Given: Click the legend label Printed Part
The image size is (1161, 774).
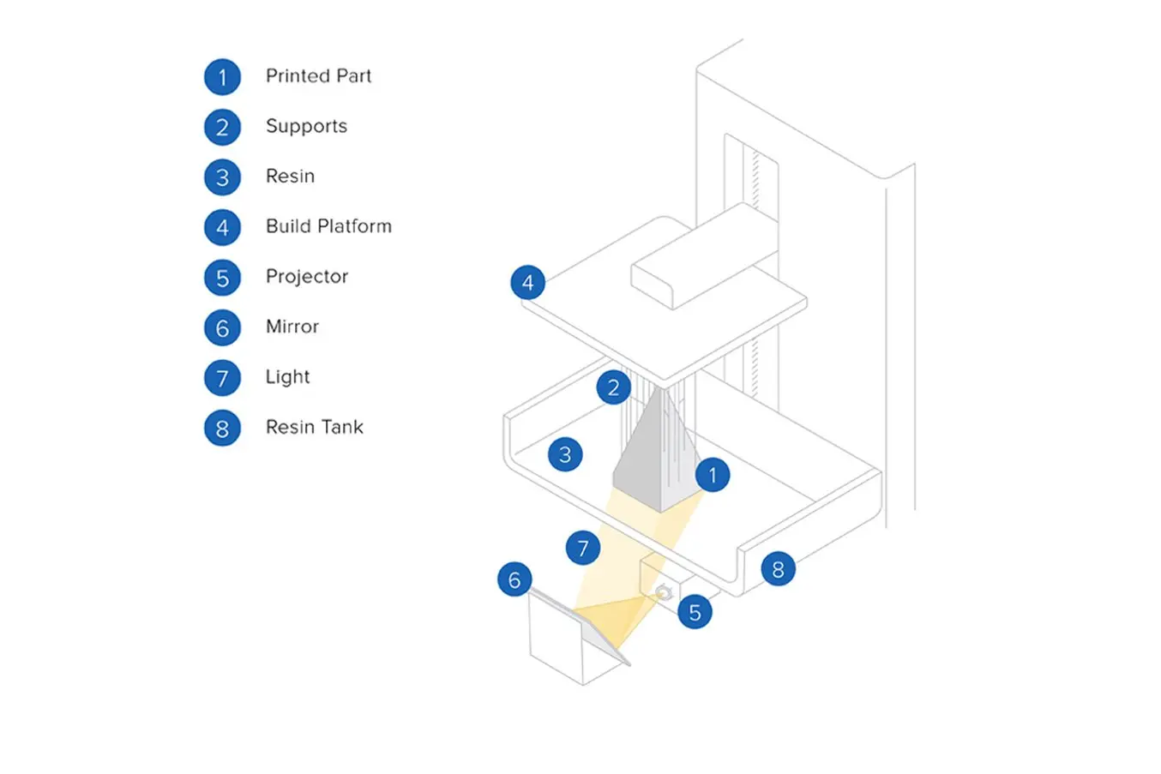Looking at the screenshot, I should tap(318, 76).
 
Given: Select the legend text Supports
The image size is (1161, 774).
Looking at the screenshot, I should tap(306, 127).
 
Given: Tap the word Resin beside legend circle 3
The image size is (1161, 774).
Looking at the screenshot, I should tap(290, 177).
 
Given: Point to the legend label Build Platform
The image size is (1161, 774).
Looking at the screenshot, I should tap(328, 226).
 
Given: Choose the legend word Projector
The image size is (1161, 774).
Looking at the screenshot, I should tap(307, 277).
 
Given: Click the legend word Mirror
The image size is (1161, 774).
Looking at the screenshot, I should tap(292, 327).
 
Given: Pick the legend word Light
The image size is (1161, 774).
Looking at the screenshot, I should tap(287, 377).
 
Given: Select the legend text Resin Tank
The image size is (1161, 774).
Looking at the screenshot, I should tap(314, 427).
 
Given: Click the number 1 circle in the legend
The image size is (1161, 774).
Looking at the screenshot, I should tap(222, 77).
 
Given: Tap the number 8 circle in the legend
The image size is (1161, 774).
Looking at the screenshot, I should tap(222, 429).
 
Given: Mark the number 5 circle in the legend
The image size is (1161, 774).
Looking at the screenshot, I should tap(222, 278).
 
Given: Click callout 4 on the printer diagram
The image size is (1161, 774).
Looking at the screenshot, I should tap(527, 282).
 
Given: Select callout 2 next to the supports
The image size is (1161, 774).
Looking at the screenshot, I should tap(613, 387).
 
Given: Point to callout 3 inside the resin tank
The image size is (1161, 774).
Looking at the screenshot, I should tap(565, 454).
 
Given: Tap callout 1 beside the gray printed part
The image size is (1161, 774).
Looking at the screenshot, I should tap(712, 475).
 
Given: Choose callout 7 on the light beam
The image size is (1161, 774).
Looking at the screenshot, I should tap(583, 548).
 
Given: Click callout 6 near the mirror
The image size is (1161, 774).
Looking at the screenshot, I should tap(514, 579).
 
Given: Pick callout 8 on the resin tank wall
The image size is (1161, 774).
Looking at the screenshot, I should tap(778, 569).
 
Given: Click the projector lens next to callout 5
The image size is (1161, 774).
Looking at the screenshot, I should tap(663, 592).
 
